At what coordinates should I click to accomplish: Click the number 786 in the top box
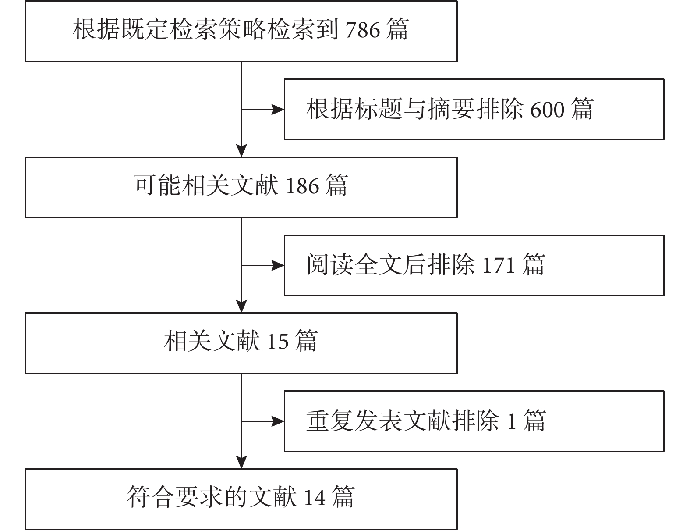363,30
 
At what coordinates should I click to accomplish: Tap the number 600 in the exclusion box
548,110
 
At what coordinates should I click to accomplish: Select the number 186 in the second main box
302,186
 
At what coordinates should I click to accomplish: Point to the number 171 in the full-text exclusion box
499,265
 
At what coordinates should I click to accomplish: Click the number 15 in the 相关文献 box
278,342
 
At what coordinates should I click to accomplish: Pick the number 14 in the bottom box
315,497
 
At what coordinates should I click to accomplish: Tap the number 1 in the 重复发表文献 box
512,422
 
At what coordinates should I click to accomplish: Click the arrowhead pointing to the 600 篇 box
278,109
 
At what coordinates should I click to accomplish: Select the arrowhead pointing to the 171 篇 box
278,265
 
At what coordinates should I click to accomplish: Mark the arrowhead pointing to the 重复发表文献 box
278,421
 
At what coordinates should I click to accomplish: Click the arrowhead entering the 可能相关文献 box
241,150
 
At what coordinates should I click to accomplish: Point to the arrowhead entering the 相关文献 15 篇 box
241,306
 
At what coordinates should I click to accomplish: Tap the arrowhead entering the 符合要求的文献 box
241,462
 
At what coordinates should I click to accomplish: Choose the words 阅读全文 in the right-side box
355,265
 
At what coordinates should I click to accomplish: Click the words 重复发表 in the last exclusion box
355,421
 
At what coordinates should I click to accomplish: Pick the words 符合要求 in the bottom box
175,497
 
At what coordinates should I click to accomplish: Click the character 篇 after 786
397,29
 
